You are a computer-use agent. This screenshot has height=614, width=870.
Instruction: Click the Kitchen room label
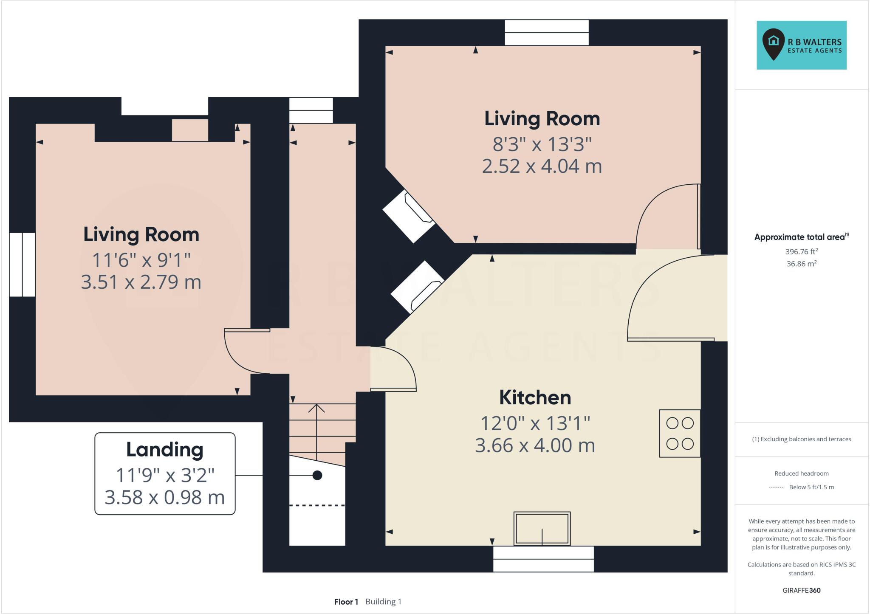click(x=535, y=397)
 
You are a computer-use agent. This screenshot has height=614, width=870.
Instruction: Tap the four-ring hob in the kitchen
click(x=680, y=433)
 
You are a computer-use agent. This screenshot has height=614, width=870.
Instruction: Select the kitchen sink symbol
click(x=542, y=529)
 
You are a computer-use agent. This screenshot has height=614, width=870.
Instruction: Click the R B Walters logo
click(x=801, y=45)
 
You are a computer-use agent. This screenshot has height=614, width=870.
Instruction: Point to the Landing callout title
click(x=165, y=450)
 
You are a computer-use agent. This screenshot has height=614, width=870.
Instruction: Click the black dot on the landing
click(x=317, y=475)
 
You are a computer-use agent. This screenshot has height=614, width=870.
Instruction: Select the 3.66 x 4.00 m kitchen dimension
click(x=535, y=445)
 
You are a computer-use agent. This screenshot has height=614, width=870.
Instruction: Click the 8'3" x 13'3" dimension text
click(x=542, y=144)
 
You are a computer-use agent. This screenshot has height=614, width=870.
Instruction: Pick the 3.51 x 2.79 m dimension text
click(x=141, y=282)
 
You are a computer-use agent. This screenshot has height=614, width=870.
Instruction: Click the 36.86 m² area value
click(x=802, y=264)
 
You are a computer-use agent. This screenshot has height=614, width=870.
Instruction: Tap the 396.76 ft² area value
click(x=802, y=251)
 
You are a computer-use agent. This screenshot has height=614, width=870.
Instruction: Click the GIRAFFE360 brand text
click(x=802, y=590)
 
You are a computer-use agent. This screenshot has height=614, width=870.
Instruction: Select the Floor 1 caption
click(x=346, y=602)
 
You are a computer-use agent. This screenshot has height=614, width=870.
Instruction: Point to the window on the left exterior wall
click(x=22, y=264)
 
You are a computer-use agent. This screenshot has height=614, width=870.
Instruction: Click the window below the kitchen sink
click(x=543, y=559)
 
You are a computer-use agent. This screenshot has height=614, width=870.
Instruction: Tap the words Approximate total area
click(x=799, y=237)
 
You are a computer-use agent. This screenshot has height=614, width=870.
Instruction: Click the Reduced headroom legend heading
click(x=802, y=473)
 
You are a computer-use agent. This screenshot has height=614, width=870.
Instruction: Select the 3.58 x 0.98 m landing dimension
click(x=165, y=498)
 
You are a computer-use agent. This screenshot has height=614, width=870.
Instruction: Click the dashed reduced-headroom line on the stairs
click(x=317, y=505)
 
